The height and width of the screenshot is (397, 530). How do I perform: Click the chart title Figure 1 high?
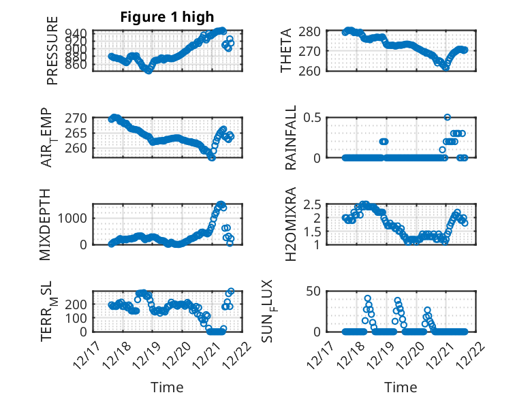pos(167,18)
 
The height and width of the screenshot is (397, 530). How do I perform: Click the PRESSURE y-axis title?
pos(52,51)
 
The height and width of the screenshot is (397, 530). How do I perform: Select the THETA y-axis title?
pos(287,51)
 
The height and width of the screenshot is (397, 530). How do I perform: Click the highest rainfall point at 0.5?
pos(447,117)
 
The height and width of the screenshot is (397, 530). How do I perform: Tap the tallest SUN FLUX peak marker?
pos(367,299)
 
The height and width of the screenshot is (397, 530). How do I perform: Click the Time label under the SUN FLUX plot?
pos(401,387)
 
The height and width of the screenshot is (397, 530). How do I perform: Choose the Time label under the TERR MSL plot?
pos(167,387)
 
